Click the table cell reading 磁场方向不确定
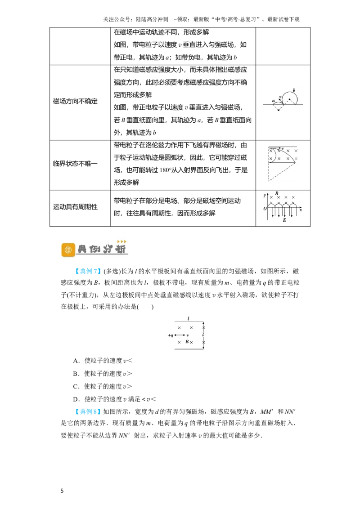point(76,101)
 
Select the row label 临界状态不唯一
point(76,163)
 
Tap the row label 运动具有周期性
point(76,207)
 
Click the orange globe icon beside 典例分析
point(68,250)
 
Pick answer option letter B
point(76,374)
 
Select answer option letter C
point(76,386)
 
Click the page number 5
point(62,491)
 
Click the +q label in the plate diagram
point(171,335)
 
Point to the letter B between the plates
point(187,341)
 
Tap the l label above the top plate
point(189,318)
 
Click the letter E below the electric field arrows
point(284,220)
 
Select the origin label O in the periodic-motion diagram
point(265,208)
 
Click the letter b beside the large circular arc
point(294,90)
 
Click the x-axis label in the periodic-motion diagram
point(301,210)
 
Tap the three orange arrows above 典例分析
point(121,241)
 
